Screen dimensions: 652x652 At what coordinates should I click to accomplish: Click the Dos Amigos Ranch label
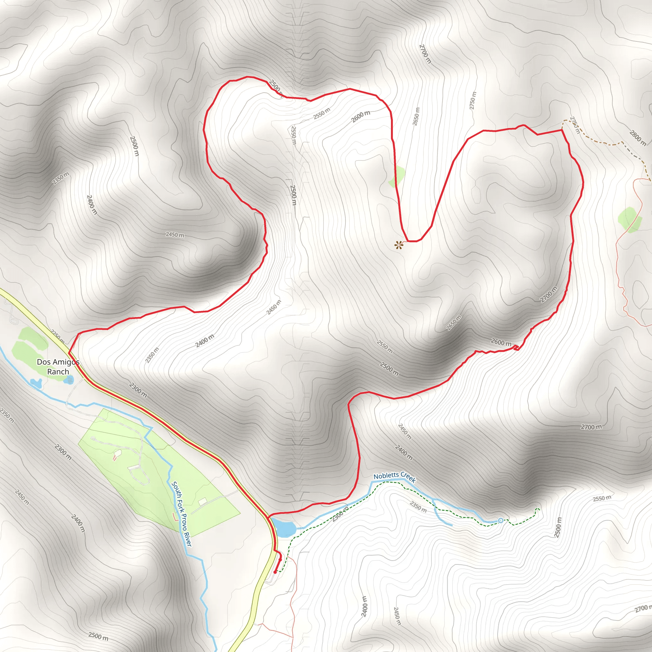[x=58, y=366]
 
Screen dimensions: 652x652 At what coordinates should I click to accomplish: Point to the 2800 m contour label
[x=637, y=138]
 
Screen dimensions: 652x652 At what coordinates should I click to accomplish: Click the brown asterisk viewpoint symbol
[x=399, y=245]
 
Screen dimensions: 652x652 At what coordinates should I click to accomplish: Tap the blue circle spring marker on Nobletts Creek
[x=500, y=521]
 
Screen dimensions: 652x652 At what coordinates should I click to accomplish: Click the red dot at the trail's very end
[x=275, y=572]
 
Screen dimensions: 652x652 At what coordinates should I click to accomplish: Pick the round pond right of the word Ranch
[x=70, y=380]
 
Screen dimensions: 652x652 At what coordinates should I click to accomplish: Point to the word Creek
[x=408, y=478]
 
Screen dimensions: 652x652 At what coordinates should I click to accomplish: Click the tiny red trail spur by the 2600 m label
[x=516, y=347]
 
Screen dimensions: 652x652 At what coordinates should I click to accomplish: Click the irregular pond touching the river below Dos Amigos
[x=36, y=383]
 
